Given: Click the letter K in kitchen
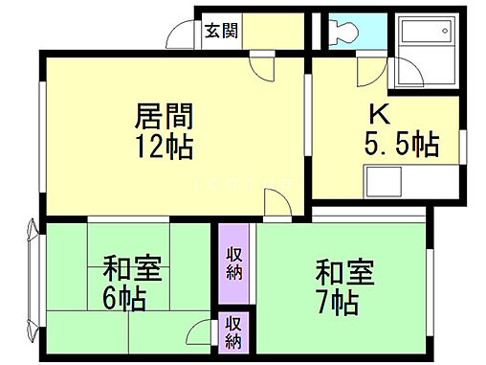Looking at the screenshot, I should click(380, 112).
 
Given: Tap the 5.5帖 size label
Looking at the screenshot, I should click(402, 145).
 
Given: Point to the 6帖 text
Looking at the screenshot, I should click(125, 299).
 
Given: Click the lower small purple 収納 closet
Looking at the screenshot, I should click(233, 333).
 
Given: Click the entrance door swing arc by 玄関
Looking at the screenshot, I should click(180, 35).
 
